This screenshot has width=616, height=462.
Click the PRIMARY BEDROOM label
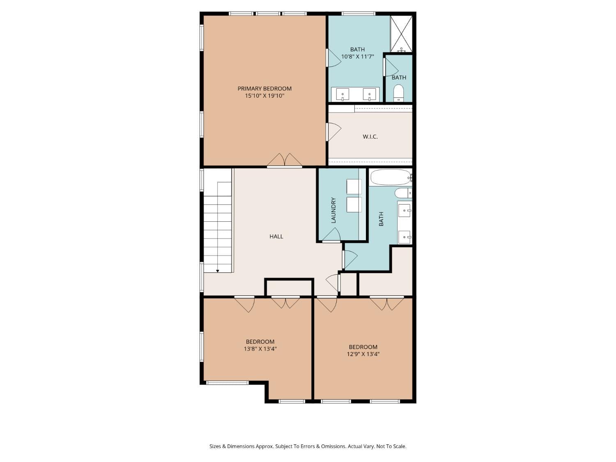tap(264, 88)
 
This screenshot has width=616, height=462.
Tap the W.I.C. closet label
tap(370, 136)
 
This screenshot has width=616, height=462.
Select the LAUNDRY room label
tap(333, 210)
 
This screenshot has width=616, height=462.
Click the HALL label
tap(276, 236)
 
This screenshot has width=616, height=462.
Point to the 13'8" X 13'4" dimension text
tap(260, 349)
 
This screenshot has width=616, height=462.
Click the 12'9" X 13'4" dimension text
tap(363, 354)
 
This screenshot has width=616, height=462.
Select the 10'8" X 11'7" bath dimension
tap(357, 57)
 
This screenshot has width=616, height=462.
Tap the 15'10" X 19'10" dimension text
tap(264, 96)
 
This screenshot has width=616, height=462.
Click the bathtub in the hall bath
tap(391, 177)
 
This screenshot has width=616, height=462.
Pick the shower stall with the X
tap(401, 34)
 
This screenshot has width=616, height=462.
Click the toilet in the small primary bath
tap(398, 93)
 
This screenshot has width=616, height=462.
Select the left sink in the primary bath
tap(342, 94)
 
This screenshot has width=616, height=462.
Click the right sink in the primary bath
tap(369, 94)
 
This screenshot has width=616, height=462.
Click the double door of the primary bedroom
tap(285, 161)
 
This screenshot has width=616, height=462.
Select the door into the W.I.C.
tap(333, 132)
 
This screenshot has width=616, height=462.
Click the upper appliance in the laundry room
tap(354, 186)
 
